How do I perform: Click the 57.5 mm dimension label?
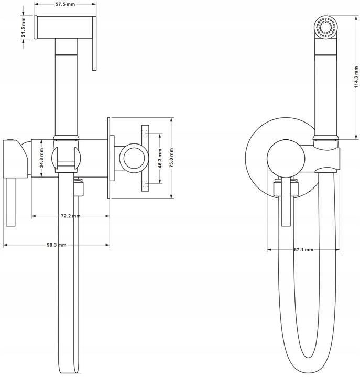point(65,4)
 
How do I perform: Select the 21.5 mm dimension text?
point(23,27)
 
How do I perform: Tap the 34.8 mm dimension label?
point(41,158)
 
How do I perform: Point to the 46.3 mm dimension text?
point(160,158)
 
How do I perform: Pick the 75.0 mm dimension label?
point(171,158)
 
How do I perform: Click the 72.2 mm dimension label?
point(71,216)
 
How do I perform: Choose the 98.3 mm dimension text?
point(56,245)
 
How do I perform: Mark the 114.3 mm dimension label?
point(356,77)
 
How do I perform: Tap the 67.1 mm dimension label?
point(303,250)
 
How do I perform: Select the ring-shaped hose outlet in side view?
point(134,158)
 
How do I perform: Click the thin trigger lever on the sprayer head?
point(94,43)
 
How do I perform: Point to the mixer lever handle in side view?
point(10,202)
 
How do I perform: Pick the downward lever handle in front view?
point(286,202)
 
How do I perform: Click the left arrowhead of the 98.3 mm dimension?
point(5,245)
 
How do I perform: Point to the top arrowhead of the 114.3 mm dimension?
point(356,18)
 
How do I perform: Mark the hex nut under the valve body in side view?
point(79,189)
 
